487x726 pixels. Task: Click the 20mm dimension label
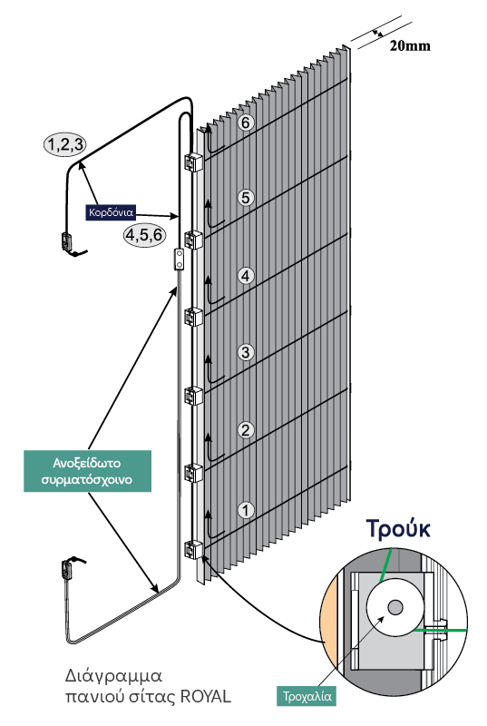(410, 46)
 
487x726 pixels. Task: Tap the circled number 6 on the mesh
(246, 123)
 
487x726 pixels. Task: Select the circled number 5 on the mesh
(246, 198)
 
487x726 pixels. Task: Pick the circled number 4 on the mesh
(246, 276)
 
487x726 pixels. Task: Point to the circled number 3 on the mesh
(246, 352)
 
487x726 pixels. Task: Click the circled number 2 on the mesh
(246, 430)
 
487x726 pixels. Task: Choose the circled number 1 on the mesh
(246, 510)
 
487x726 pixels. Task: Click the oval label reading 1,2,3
(65, 144)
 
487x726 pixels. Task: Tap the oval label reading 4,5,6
(144, 235)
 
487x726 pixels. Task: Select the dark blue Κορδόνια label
(111, 212)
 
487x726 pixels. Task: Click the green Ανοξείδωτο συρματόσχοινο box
(87, 471)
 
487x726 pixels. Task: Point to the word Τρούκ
(398, 529)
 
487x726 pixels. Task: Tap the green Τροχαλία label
(307, 696)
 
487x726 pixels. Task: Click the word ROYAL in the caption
(205, 696)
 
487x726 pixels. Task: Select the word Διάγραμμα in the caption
(113, 676)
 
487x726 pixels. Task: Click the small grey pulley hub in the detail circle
(395, 607)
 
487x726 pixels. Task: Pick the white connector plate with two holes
(178, 260)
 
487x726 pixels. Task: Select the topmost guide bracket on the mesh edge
(194, 162)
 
